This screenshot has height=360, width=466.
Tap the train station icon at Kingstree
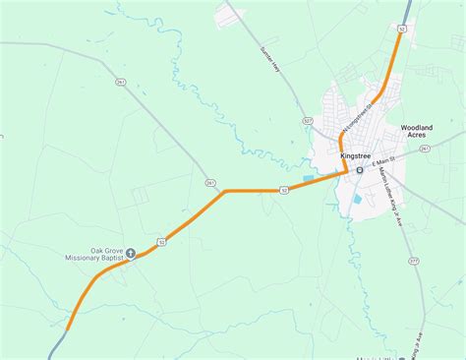[360, 169]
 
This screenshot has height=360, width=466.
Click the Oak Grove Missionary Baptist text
[93, 254]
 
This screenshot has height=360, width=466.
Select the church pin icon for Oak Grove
[130, 254]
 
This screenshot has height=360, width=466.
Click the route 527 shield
[308, 121]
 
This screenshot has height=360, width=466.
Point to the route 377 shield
[413, 262]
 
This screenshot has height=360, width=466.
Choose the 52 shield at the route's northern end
[401, 30]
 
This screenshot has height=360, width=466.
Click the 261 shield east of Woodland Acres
[425, 148]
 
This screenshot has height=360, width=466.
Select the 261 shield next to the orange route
[209, 183]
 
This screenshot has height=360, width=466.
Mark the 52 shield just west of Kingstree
[284, 190]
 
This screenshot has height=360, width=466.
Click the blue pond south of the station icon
[357, 200]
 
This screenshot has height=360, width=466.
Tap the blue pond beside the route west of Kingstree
[309, 178]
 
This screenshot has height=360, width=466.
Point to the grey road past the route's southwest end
[56, 346]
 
